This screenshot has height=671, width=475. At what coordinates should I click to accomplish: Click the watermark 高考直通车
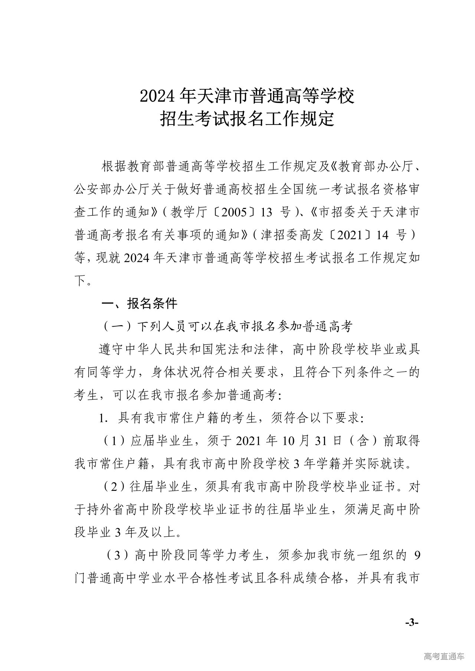click(x=443, y=656)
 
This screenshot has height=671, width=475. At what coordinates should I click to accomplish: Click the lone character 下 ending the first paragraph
click(x=81, y=281)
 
